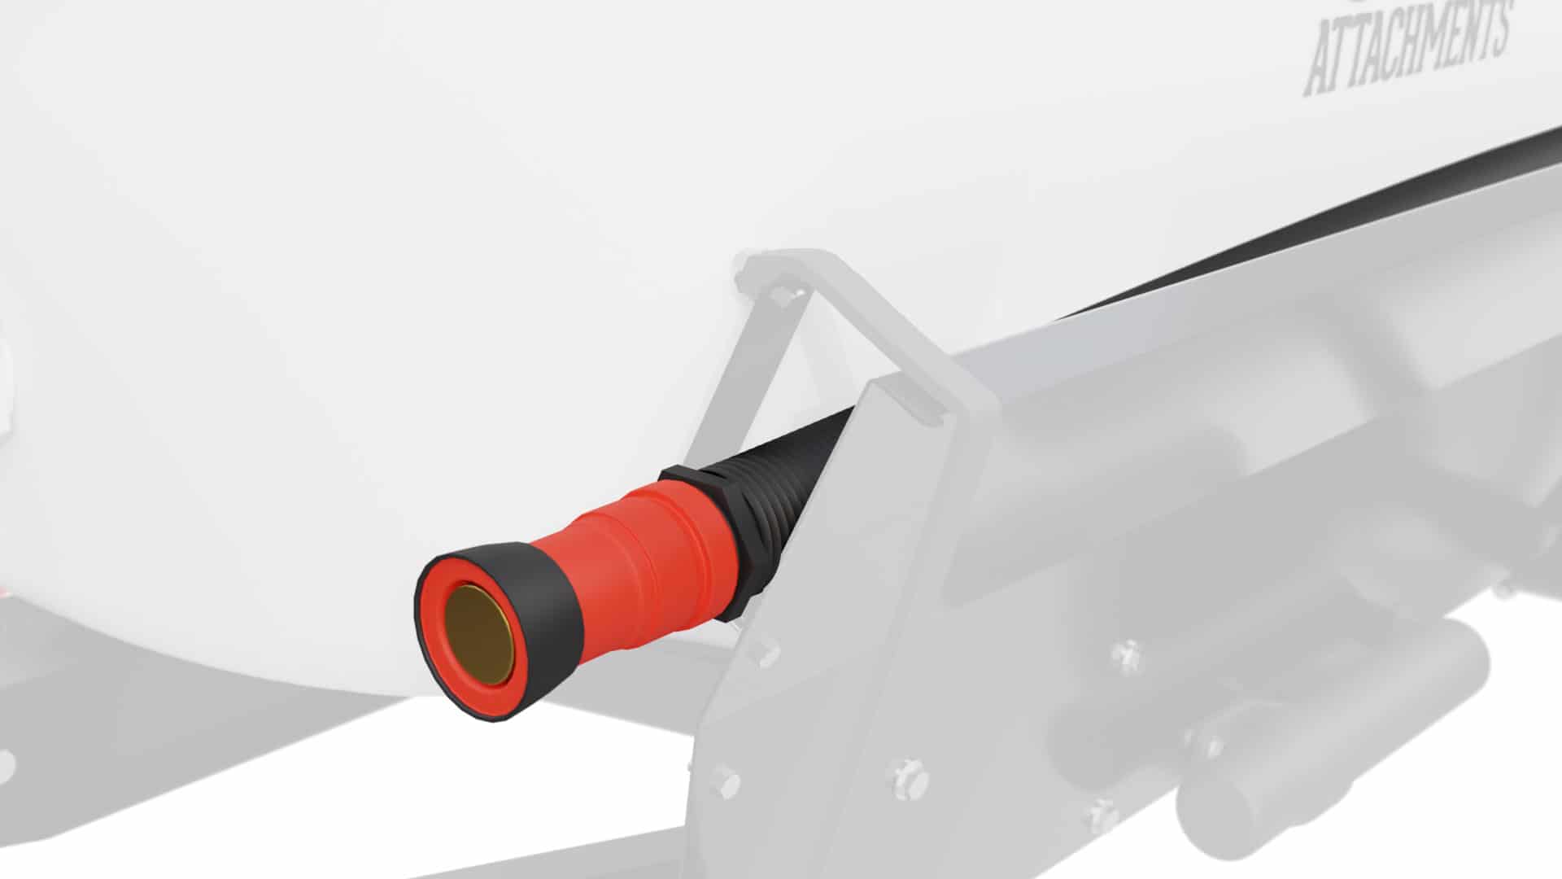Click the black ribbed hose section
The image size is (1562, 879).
coord(781,488)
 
